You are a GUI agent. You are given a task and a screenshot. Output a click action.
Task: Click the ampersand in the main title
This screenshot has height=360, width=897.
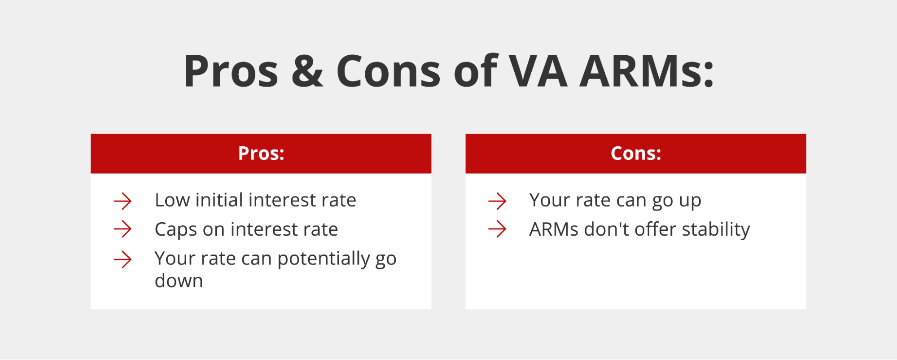[x=307, y=71]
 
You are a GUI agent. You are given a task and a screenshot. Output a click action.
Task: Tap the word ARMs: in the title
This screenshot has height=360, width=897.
[x=647, y=71]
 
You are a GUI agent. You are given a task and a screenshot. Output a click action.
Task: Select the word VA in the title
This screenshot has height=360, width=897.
[x=538, y=71]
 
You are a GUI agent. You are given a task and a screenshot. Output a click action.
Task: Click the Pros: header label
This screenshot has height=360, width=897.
[x=261, y=154]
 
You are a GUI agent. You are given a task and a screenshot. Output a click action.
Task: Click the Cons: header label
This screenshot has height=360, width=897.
[x=636, y=154]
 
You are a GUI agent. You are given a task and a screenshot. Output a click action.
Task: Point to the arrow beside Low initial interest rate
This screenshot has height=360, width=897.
[x=123, y=201]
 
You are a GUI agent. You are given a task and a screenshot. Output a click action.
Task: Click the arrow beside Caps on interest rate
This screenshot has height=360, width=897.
[x=123, y=229]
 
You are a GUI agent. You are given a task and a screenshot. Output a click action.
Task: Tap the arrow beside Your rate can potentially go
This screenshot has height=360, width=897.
[x=123, y=259]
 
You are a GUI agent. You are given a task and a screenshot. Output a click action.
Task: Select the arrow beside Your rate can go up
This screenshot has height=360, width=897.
[x=497, y=201]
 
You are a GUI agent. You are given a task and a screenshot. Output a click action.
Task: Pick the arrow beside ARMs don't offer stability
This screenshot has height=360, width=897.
[x=497, y=229]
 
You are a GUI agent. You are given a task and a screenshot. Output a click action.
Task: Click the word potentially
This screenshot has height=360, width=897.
[x=324, y=259]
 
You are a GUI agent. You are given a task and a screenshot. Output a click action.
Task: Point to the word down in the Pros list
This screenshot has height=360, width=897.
[x=179, y=281]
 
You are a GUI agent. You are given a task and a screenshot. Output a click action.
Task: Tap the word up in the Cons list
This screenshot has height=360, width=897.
[x=690, y=202]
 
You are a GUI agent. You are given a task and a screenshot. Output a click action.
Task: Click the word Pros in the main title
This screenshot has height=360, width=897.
[x=231, y=71]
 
